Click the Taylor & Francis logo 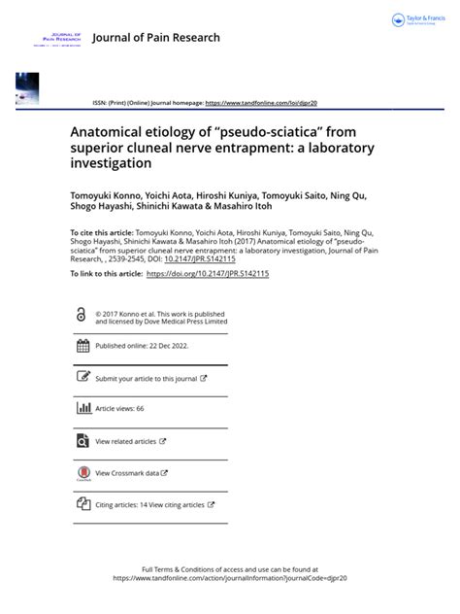coord(419,20)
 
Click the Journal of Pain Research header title coord(155,38)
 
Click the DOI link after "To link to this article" coord(207,275)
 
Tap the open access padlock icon coord(81,314)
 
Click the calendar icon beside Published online coord(82,346)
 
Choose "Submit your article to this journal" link coord(147,379)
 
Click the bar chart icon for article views coord(82,409)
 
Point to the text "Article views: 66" coord(119,410)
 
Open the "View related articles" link coord(126,442)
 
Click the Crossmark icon coord(82,473)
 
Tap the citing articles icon coord(82,505)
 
